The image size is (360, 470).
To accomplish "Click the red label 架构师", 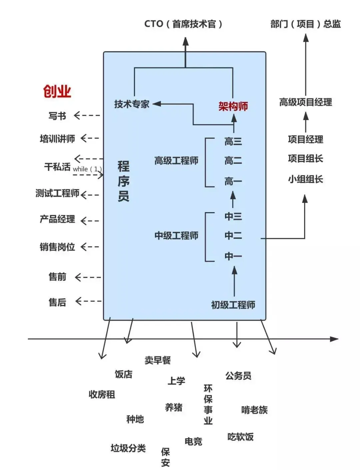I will pyautogui.click(x=233, y=106).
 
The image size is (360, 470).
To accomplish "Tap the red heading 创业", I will pyautogui.click(x=57, y=91).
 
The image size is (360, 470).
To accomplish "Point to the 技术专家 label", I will pyautogui.click(x=132, y=104).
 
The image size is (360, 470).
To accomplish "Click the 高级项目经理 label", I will pyautogui.click(x=305, y=102).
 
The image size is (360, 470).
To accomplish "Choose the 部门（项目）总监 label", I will pyautogui.click(x=305, y=24).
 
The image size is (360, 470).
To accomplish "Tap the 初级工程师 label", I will pyautogui.click(x=233, y=305).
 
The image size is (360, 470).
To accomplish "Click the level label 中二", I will pyautogui.click(x=233, y=236).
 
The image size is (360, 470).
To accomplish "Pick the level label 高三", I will pyautogui.click(x=233, y=141).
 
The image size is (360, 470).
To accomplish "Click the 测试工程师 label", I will pyautogui.click(x=57, y=193).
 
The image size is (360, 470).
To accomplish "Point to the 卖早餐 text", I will pyautogui.click(x=158, y=360).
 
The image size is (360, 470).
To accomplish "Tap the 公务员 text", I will pyautogui.click(x=238, y=376).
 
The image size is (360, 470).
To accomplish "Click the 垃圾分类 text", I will pyautogui.click(x=128, y=448).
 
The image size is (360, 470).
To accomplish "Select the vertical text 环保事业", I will pyautogui.click(x=208, y=404).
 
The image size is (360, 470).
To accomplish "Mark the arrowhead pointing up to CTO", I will pyautogui.click(x=186, y=42).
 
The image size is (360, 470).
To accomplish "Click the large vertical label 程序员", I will pyautogui.click(x=123, y=181).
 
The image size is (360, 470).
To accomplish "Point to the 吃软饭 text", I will pyautogui.click(x=240, y=437).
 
